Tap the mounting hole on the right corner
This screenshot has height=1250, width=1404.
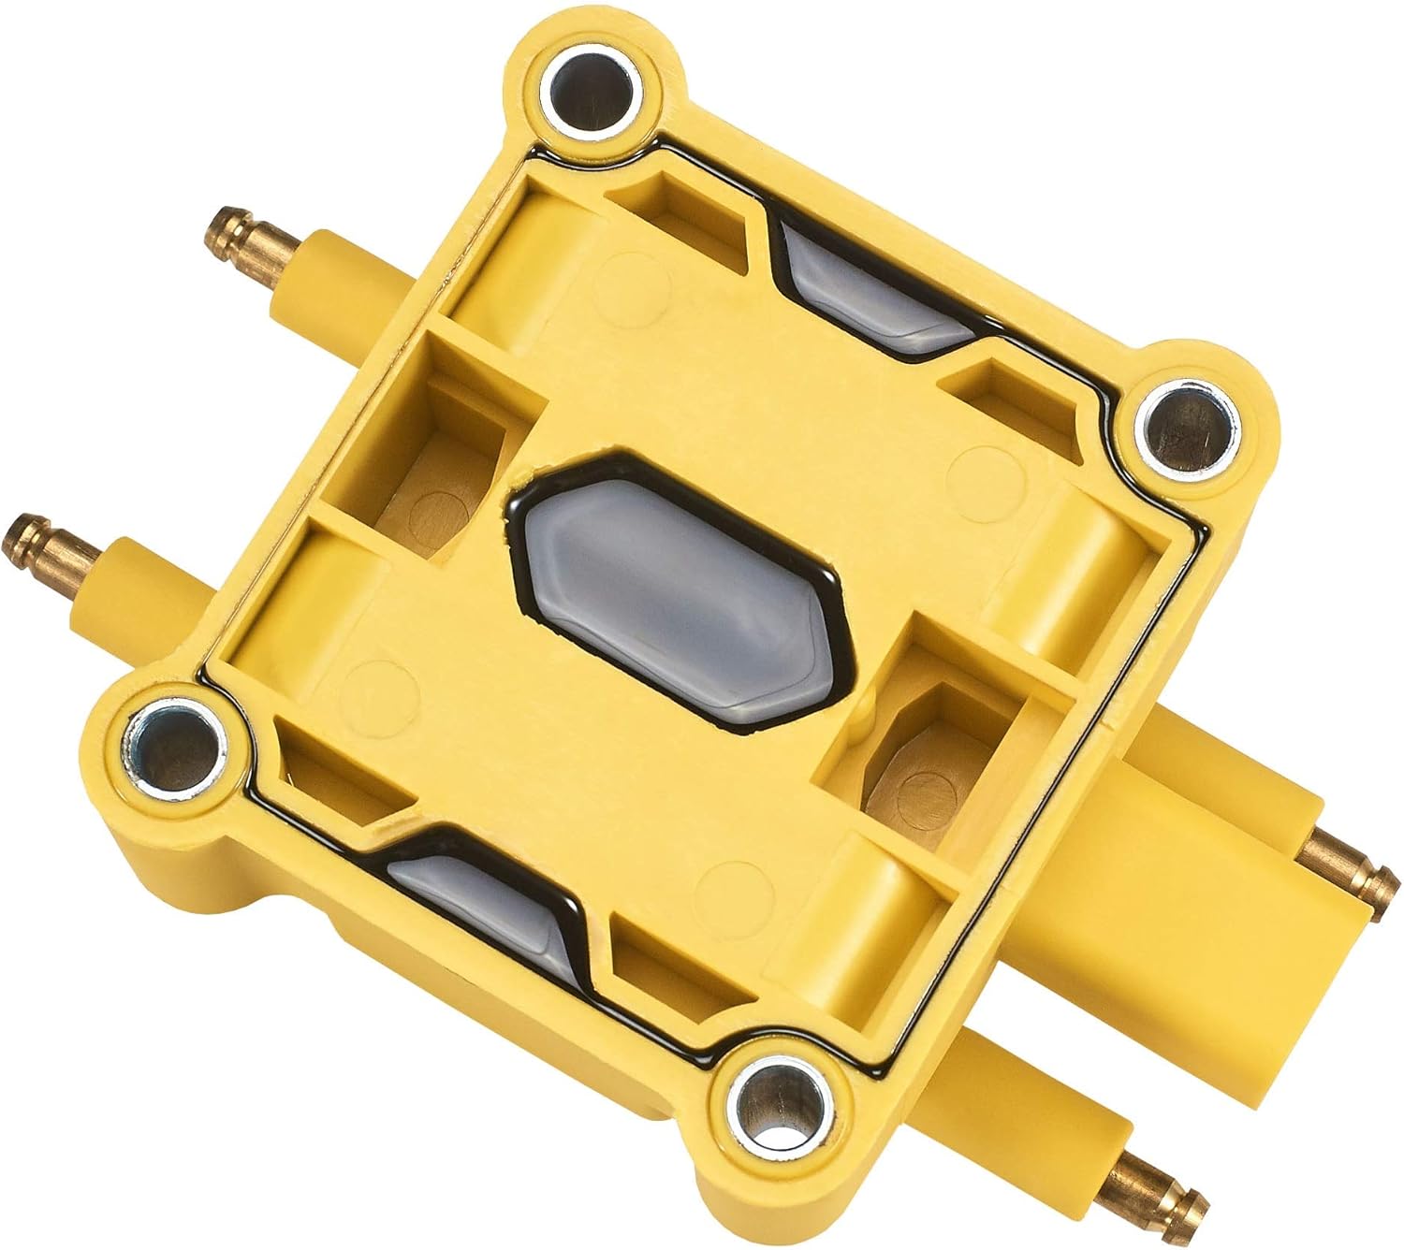1184,423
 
